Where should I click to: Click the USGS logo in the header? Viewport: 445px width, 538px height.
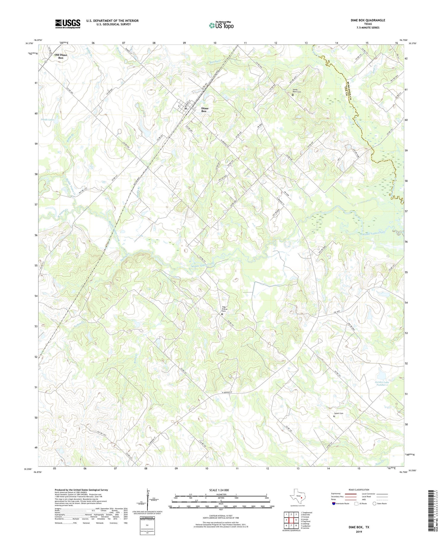68,24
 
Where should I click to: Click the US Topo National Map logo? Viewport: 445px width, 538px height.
221,25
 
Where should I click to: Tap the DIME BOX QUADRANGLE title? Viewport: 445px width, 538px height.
368,20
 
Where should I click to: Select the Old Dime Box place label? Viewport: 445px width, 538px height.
61,56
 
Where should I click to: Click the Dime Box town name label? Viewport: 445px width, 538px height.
205,109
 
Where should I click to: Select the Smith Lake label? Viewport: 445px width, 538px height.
47,120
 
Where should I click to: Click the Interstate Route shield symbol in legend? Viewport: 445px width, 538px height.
334,504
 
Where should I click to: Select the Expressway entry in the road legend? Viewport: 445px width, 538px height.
337,494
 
